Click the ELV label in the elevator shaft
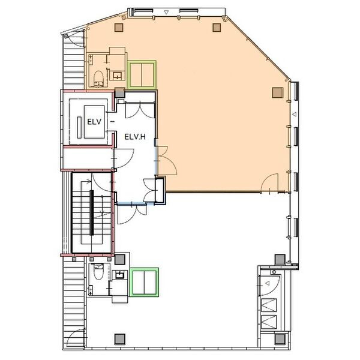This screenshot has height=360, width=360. [94, 122]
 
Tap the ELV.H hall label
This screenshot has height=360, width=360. [135, 137]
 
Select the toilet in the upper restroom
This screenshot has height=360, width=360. [99, 79]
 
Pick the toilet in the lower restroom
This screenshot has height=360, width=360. [99, 272]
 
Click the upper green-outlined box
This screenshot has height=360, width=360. [142, 74]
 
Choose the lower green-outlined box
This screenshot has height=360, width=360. [144, 282]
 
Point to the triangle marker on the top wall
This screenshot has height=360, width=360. [166, 13]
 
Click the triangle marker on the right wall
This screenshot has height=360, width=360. [294, 114]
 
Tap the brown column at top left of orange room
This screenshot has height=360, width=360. [119, 28]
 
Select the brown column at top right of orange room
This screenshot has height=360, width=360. [217, 28]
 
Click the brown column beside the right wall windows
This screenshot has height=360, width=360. [278, 92]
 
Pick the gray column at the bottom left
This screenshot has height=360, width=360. [119, 339]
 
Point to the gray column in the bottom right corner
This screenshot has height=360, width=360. [280, 339]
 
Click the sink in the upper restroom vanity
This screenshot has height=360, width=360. [118, 76]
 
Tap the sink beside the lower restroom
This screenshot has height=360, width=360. [120, 275]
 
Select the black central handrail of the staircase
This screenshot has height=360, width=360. [92, 212]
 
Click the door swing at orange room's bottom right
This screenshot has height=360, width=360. [270, 183]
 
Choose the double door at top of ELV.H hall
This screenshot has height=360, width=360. [140, 110]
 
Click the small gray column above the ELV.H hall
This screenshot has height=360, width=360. [119, 93]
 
